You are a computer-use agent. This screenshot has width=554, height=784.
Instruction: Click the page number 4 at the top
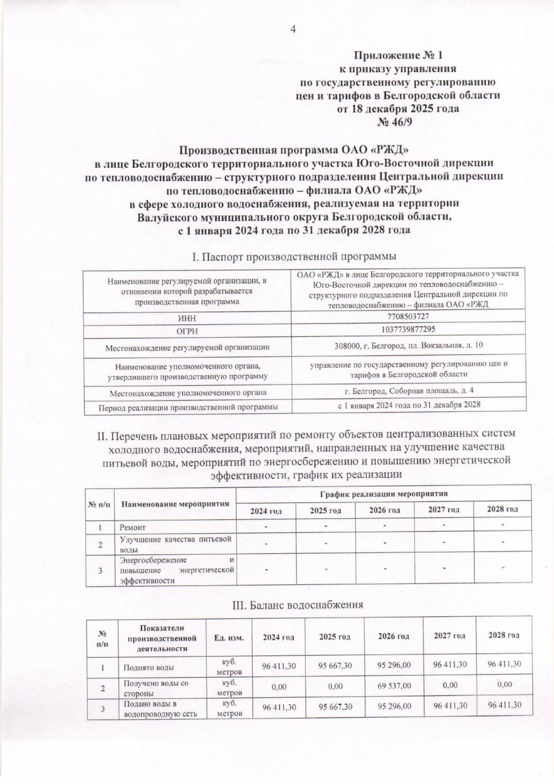click(292, 29)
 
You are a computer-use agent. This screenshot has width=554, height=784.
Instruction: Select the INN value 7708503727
click(408, 316)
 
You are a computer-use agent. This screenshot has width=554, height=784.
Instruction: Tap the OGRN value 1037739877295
click(408, 329)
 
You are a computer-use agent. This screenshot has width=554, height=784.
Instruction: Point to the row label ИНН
click(187, 318)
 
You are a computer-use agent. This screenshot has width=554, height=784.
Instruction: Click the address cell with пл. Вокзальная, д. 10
click(409, 346)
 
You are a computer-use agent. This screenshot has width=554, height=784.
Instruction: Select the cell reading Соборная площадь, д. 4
click(409, 391)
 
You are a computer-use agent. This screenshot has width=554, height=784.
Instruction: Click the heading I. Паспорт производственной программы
click(294, 256)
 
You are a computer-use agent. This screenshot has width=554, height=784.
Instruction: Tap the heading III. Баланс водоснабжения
click(297, 604)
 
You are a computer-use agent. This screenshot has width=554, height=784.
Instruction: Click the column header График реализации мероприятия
click(384, 493)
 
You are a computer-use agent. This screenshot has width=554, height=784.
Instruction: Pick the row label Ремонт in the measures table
click(132, 527)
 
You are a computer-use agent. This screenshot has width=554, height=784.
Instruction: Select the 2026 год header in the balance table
click(393, 636)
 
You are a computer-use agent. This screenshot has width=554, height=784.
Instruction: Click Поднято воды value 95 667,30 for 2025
click(335, 666)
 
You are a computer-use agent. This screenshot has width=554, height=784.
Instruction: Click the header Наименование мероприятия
click(175, 503)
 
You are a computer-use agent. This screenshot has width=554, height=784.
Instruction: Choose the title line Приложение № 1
click(397, 55)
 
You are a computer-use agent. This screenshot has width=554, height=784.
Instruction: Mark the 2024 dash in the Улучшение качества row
click(266, 543)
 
